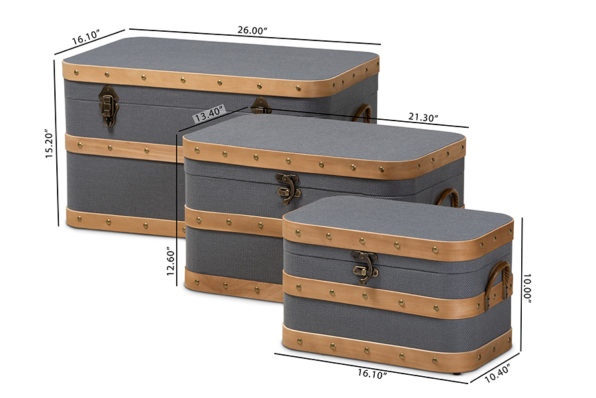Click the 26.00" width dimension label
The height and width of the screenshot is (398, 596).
[x=252, y=30]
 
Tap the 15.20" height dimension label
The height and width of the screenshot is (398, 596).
[x=50, y=143]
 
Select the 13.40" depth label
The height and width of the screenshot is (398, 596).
[x=209, y=114]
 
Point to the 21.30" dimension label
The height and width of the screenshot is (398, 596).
[x=423, y=117]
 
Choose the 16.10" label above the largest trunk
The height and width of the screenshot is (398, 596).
[x=86, y=37]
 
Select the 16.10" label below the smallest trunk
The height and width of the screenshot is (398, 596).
[x=372, y=373]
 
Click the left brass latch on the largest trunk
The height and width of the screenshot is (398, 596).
[x=109, y=105]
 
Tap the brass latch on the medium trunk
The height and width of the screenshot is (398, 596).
[x=288, y=188]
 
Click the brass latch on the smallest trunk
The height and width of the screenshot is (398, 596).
[x=365, y=268]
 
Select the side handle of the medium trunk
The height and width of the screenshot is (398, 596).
[x=448, y=197]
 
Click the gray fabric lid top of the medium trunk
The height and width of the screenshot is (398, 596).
[x=323, y=135]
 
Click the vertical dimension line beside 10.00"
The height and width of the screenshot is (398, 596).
[x=522, y=285]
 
